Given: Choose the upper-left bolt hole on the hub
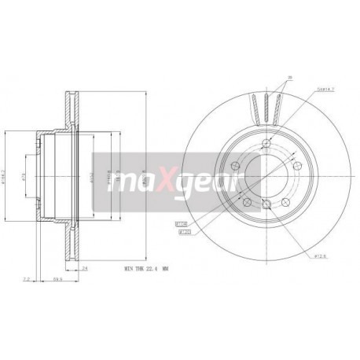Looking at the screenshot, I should point(237,165).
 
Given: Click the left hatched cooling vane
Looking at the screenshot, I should point(256,106).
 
